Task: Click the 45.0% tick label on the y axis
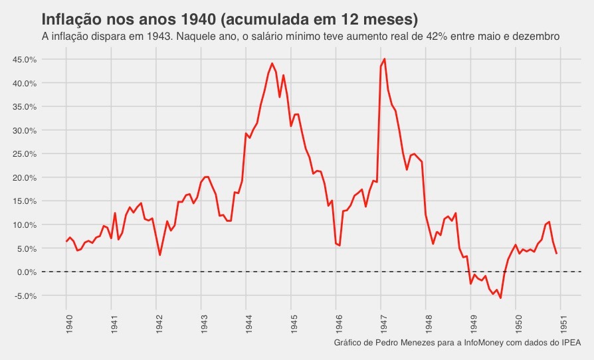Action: coord(25,60)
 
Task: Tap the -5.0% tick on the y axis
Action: coord(25,296)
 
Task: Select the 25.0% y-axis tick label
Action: coord(25,154)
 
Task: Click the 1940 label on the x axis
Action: coord(67,322)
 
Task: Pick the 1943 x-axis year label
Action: coord(202,322)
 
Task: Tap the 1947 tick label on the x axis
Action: coord(381,322)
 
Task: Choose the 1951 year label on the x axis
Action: coord(561,322)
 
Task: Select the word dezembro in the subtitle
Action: coord(536,35)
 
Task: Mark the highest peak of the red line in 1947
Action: coord(385,59)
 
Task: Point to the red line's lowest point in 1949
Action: coord(500,298)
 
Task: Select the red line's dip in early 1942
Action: coord(160,254)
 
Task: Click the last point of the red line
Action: coord(556,253)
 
